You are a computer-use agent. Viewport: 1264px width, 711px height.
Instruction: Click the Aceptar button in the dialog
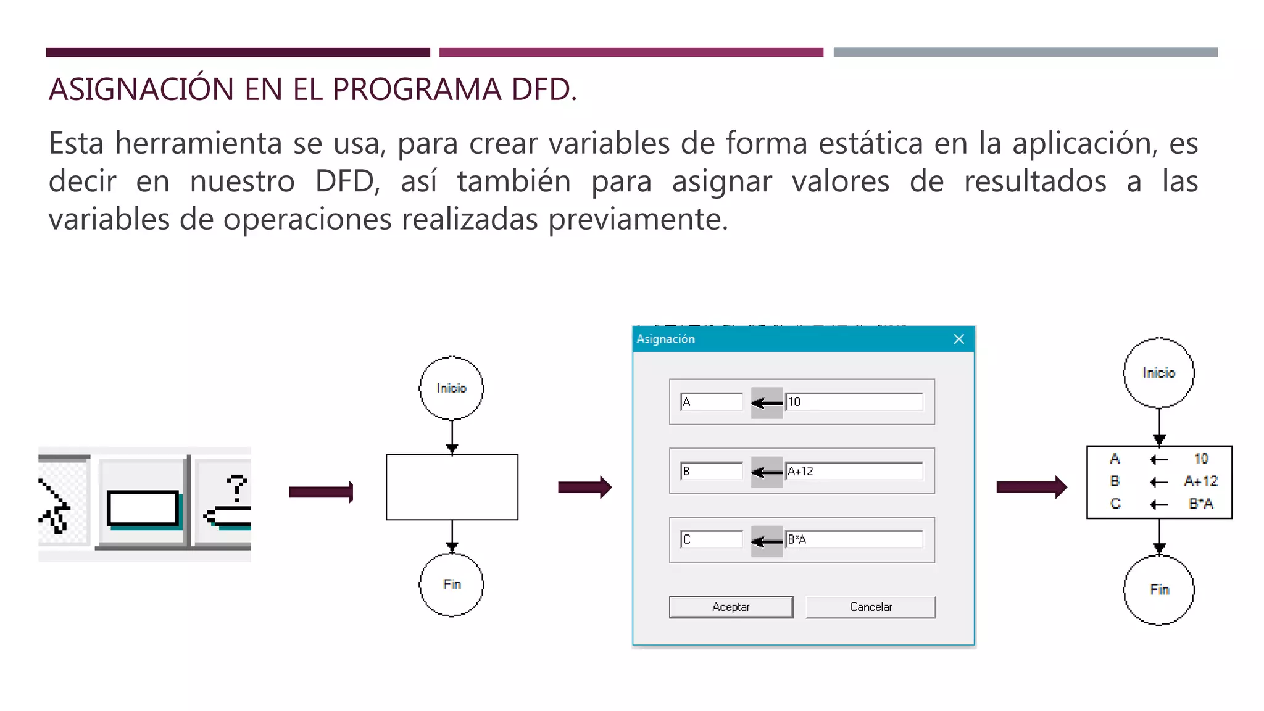point(731,607)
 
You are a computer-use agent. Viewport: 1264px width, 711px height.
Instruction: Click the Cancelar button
point(870,607)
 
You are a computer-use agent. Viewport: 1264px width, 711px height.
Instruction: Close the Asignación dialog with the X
point(958,339)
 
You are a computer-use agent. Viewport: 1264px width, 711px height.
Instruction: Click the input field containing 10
point(854,402)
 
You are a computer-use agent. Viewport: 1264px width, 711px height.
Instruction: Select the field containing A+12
point(854,471)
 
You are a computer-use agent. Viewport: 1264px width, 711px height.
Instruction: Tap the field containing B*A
point(854,539)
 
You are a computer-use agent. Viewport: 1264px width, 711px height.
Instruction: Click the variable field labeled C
point(712,539)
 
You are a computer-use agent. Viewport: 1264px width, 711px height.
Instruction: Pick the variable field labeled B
point(712,471)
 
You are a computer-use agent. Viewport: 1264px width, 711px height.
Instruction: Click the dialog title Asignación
point(665,339)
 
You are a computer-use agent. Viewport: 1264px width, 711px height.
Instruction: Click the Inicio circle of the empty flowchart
point(451,388)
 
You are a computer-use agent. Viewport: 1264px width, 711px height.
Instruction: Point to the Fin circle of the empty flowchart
point(451,584)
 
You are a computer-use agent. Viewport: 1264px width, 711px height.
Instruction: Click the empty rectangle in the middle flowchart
point(452,487)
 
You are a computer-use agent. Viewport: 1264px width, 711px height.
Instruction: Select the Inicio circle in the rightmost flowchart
point(1158,373)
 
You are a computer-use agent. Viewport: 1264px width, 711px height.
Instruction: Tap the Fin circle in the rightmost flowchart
point(1158,589)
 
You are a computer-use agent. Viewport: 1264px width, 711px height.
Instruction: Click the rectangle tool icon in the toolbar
point(143,508)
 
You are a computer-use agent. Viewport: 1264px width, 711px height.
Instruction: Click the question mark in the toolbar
point(236,488)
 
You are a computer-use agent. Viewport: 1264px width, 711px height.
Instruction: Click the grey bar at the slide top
point(1025,52)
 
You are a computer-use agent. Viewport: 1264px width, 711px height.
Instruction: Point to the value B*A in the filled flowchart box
point(1200,504)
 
